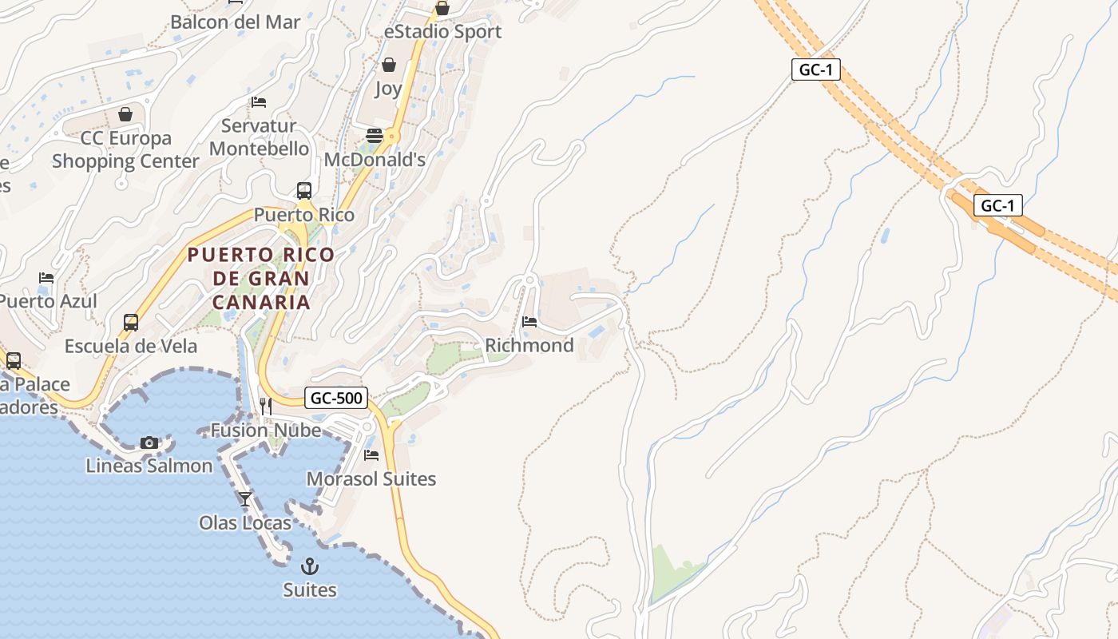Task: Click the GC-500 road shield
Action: [x=336, y=398]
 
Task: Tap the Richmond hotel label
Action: [x=529, y=345]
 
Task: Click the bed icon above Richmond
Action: [x=529, y=322]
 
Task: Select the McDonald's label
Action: [x=375, y=160]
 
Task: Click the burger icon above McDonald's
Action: [x=374, y=136]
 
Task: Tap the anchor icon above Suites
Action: [x=309, y=567]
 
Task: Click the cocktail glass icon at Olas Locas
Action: [x=245, y=499]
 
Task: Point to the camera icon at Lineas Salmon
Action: [x=149, y=443]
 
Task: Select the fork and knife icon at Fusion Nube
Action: [x=266, y=407]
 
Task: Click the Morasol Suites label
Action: [x=371, y=479]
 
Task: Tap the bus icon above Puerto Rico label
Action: [x=304, y=191]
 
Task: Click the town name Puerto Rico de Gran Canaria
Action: [x=261, y=278]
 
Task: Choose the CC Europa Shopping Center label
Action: [x=125, y=149]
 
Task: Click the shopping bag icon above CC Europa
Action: [x=125, y=114]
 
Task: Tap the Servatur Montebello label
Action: [x=259, y=137]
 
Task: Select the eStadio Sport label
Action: [x=442, y=32]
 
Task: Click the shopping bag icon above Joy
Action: [x=388, y=65]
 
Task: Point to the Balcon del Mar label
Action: [x=235, y=22]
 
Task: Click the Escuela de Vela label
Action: [x=131, y=347]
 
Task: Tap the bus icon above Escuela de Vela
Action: [x=131, y=323]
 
